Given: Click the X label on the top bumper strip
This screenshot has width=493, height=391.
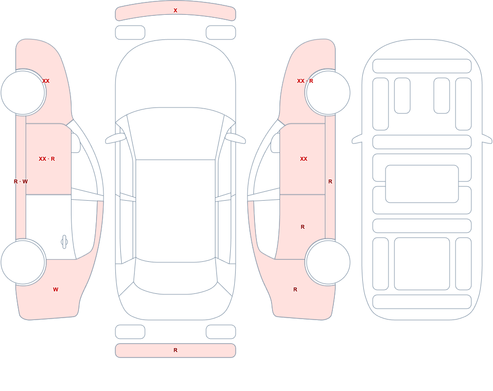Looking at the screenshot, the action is coord(176,10).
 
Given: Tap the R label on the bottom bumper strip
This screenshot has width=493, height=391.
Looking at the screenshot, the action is coord(176,350).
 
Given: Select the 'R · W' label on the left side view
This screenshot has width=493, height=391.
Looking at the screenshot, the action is coord(21,181).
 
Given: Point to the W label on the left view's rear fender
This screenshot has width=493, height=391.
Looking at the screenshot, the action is coord(56,289).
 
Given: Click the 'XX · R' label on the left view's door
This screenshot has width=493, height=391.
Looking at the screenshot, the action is coord(47,159).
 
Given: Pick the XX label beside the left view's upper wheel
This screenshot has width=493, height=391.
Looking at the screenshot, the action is coord(46,81).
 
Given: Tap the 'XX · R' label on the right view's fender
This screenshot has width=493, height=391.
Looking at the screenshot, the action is coord(305,81).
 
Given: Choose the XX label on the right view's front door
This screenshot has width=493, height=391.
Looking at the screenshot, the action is coord(304,159).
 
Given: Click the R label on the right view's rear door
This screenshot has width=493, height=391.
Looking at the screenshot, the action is coord(303,227).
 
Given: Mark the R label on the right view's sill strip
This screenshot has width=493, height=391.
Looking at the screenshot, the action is coord(330,181).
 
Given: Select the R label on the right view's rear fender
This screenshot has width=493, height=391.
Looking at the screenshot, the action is coord(295,289).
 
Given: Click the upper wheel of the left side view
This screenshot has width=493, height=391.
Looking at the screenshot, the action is coord(23,93).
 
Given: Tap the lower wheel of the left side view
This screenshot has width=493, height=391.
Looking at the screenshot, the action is coord(23,262).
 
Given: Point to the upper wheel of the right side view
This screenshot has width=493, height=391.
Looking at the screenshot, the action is coord(328,93).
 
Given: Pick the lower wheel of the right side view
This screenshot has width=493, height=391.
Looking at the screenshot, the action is coord(328,262).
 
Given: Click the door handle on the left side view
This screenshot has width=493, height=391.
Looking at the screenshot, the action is coord(64,242).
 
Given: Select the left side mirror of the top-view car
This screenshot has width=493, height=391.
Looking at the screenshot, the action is coord(115,138).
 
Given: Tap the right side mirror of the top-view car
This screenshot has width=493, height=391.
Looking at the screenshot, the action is coord(235,138).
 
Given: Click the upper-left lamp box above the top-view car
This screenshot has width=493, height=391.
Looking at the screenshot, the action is coord(130,33).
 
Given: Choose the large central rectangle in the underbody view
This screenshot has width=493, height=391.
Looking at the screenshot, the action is coord(422,184).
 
